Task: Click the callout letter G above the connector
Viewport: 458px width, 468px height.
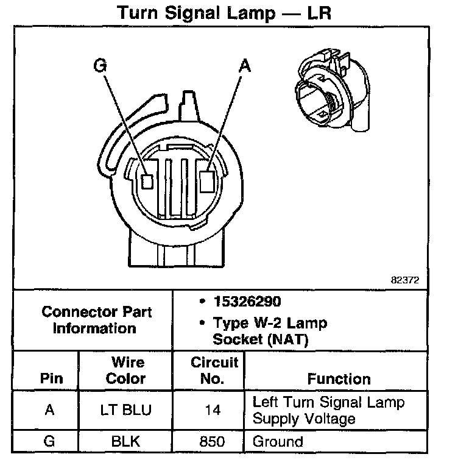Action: click(x=99, y=65)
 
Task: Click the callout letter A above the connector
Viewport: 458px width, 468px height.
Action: click(x=244, y=65)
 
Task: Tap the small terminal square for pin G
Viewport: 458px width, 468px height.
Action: click(x=147, y=181)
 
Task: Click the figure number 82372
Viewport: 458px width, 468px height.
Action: click(x=405, y=280)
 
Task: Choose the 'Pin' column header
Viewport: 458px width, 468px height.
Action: click(x=51, y=378)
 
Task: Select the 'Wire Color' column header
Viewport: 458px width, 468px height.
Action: click(x=127, y=370)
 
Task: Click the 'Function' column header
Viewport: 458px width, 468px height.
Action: click(x=339, y=378)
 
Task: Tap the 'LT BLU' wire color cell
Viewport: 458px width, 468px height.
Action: click(x=127, y=410)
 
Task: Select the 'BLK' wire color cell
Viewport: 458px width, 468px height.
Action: click(x=127, y=441)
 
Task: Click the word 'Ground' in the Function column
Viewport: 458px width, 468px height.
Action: click(x=278, y=441)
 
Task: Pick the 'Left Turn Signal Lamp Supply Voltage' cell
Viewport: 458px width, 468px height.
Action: click(x=328, y=410)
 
